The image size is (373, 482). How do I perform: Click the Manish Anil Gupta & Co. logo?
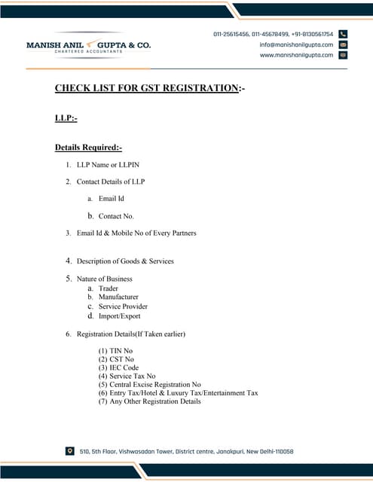click(88, 45)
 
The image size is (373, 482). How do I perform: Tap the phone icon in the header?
click(343, 34)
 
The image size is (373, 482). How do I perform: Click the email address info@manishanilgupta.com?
click(296, 44)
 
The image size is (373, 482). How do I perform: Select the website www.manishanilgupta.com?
click(296, 55)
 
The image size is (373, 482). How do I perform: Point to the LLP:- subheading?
click(66, 118)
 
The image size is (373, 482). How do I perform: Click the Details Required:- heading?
click(88, 147)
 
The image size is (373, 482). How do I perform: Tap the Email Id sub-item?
click(112, 199)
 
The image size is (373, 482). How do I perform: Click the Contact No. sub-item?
click(116, 216)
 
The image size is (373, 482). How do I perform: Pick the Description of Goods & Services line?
click(125, 261)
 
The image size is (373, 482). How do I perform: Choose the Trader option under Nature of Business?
click(109, 288)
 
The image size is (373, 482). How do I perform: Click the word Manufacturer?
click(118, 297)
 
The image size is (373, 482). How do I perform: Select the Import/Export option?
click(119, 316)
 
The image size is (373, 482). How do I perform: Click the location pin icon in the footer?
click(70, 451)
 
